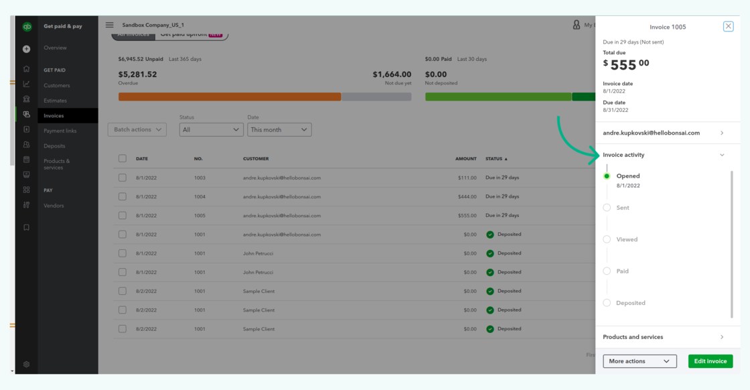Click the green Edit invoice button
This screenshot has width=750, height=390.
(x=710, y=361)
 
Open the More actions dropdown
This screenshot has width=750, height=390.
(x=640, y=361)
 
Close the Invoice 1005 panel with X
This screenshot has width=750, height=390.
(x=728, y=27)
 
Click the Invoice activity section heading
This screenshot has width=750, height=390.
(x=623, y=155)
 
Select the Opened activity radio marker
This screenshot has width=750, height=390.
(x=607, y=176)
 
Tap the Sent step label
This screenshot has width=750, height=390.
(x=623, y=208)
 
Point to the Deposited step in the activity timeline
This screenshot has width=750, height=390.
(x=630, y=303)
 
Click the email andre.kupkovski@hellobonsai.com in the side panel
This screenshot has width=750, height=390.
(x=651, y=133)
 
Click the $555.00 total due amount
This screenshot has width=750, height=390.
(x=626, y=64)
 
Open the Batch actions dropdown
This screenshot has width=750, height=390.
(x=137, y=129)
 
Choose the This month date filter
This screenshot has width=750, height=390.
(x=279, y=129)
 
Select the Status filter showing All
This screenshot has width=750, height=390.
(x=211, y=129)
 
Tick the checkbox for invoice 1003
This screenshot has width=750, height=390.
(x=123, y=178)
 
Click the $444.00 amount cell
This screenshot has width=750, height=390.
(x=466, y=196)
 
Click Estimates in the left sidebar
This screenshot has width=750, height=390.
(x=56, y=101)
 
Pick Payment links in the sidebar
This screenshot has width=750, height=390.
(x=60, y=131)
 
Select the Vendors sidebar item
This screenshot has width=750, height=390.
(x=54, y=206)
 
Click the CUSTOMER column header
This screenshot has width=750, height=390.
(x=256, y=159)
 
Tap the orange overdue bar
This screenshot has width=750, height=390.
(x=230, y=96)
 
